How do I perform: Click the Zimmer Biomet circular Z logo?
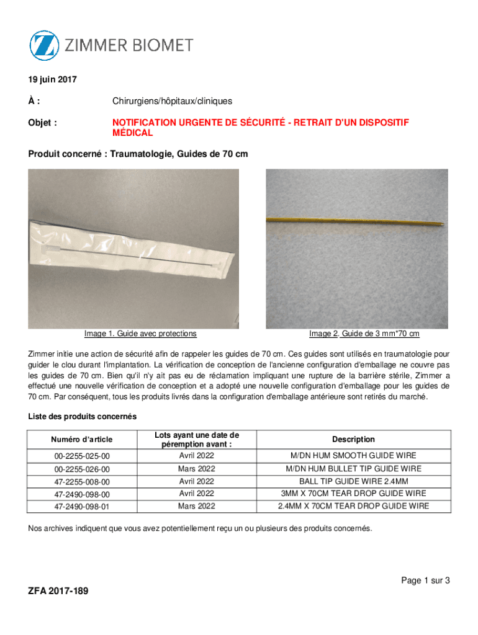point(45,45)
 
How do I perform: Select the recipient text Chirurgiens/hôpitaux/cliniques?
point(173,100)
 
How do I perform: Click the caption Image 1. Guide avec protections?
point(140,334)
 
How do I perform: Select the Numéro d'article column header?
point(83,439)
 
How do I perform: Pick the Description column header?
point(353,439)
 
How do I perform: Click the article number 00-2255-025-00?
point(83,456)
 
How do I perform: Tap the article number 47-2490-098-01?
point(83,506)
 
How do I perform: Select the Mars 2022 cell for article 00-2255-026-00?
point(197,469)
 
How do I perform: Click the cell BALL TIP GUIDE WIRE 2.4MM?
point(353,481)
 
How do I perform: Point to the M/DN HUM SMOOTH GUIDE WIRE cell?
point(353,456)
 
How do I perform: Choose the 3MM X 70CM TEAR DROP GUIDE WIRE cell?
point(353,494)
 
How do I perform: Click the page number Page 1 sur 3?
point(425,580)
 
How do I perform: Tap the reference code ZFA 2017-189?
point(58,591)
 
